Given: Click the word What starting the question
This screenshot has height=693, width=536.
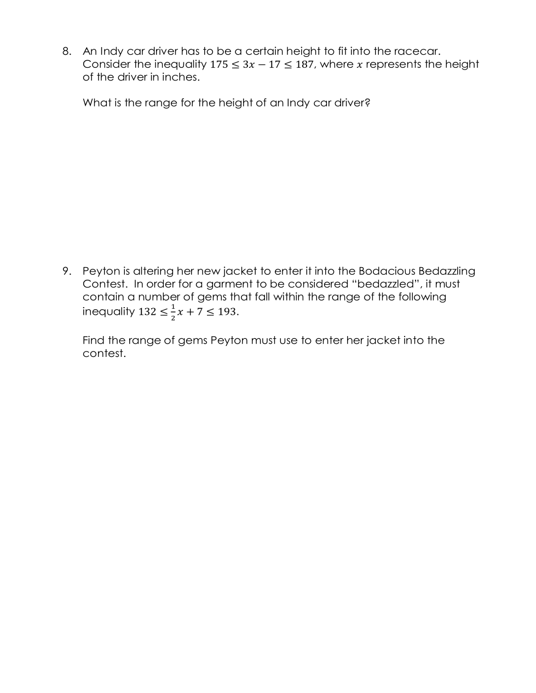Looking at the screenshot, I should tap(97, 103).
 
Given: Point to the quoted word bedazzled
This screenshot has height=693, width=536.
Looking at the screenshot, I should tap(386, 284).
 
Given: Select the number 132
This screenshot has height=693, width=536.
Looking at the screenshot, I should tap(147, 312).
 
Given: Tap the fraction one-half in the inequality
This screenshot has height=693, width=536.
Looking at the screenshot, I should tap(173, 312).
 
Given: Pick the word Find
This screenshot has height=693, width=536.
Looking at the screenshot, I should tap(94, 340).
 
